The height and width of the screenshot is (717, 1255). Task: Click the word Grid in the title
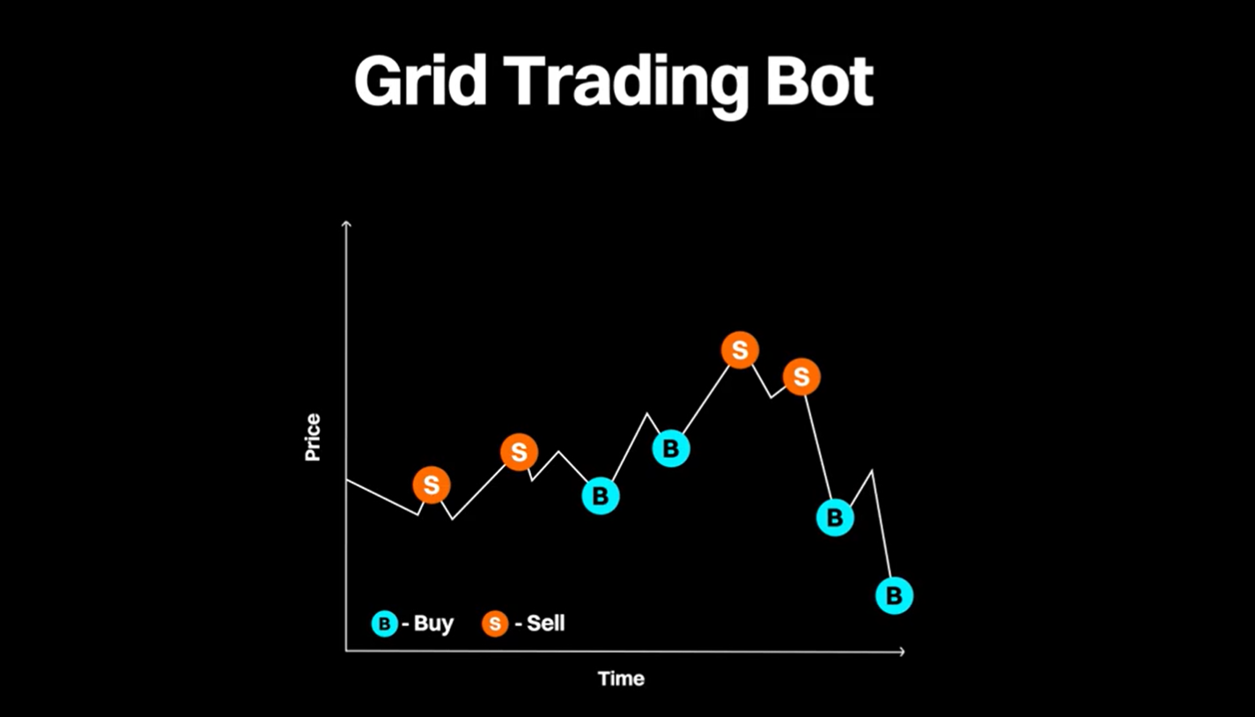(x=421, y=80)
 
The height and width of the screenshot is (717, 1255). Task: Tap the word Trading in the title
(x=625, y=85)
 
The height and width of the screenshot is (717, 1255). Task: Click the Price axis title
(x=313, y=438)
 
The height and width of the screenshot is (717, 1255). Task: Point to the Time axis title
(x=622, y=679)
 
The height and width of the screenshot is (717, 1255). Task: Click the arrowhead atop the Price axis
(x=346, y=224)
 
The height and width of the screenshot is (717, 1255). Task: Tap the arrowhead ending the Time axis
(x=902, y=652)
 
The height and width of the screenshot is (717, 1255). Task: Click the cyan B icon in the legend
(x=385, y=624)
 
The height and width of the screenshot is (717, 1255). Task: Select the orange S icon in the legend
(x=495, y=624)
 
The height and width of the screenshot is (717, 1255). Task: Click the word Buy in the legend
(x=433, y=624)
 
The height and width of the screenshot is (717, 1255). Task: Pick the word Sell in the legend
(x=546, y=623)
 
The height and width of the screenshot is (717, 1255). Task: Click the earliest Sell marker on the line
(x=432, y=485)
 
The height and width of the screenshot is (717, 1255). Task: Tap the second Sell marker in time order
(x=520, y=452)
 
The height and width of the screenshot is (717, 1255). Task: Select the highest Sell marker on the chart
(x=740, y=350)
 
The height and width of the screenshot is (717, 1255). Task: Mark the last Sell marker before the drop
(x=801, y=377)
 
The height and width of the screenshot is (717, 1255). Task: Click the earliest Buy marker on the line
(x=601, y=496)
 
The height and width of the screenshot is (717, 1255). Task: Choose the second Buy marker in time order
(x=671, y=448)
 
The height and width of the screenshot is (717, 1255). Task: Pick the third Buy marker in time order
(x=836, y=518)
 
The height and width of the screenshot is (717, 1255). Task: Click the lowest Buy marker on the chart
(x=895, y=595)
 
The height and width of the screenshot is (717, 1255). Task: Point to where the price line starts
(x=347, y=479)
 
